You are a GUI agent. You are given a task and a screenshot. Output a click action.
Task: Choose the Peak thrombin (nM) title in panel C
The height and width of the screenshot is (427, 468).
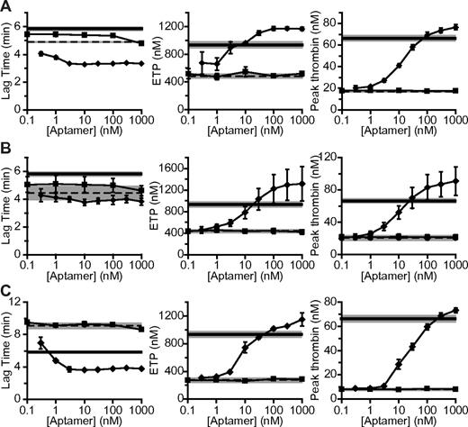click(319, 350)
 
